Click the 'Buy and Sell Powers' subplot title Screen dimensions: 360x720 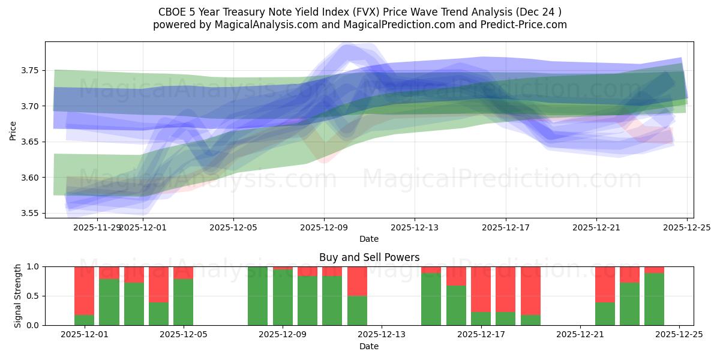[x=369, y=257]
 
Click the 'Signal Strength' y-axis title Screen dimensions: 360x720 [x=18, y=296]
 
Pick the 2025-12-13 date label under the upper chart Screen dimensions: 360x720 [x=415, y=228]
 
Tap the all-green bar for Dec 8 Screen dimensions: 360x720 [x=257, y=296]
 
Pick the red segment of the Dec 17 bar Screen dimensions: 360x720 [x=481, y=289]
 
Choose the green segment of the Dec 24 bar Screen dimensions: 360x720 [x=654, y=299]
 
